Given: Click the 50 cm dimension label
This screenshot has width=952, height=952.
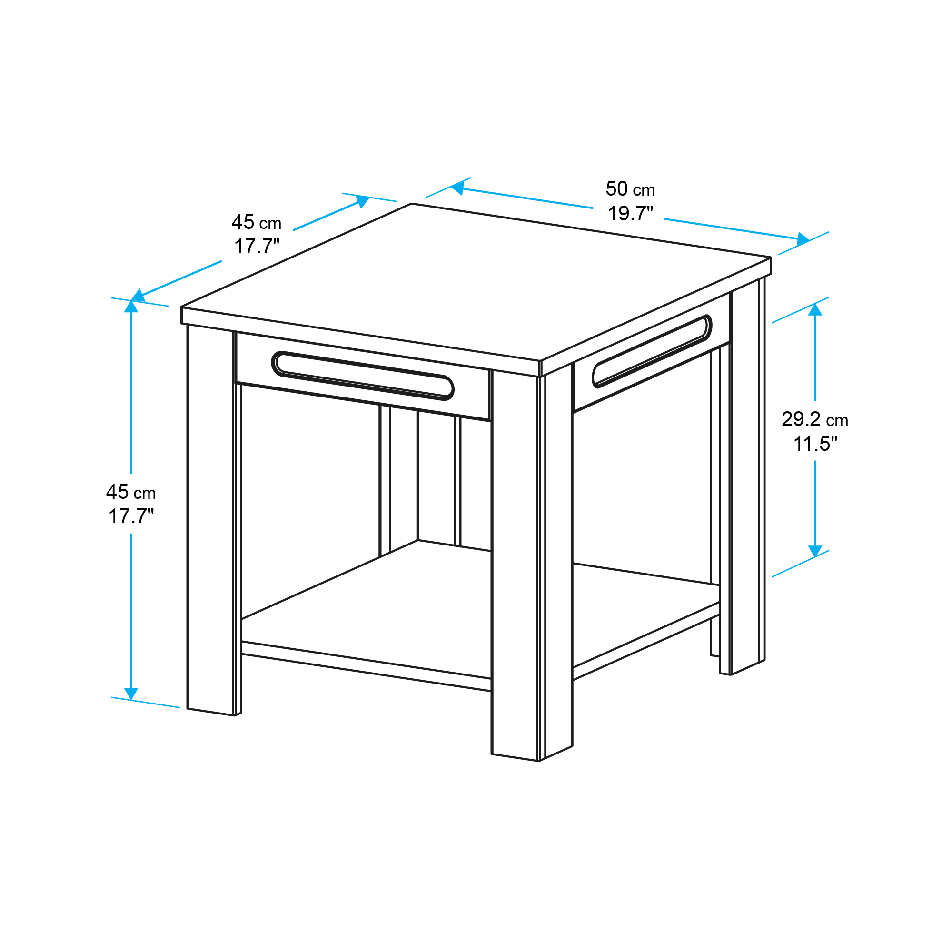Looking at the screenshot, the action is tap(630, 189).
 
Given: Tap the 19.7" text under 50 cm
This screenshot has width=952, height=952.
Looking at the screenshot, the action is tap(630, 213).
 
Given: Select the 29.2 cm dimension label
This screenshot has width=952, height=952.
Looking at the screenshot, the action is tap(814, 419).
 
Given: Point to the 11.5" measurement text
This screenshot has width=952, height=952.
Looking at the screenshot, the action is tap(815, 444).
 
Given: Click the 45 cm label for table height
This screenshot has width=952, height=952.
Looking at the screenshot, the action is tap(130, 492).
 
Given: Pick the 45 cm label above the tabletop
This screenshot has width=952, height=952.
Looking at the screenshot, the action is tap(256, 222).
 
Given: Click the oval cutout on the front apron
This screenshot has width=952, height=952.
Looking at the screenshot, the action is tap(363, 376).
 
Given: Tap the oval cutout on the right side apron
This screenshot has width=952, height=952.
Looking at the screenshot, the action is tap(652, 351).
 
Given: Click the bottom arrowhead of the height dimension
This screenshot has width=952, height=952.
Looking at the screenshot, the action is tap(131, 694).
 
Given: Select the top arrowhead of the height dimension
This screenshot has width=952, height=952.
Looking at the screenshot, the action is tap(131, 306).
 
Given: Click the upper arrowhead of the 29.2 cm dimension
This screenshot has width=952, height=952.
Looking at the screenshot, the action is tap(815, 309).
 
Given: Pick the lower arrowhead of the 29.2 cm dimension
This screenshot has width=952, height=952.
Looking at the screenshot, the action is tap(815, 551).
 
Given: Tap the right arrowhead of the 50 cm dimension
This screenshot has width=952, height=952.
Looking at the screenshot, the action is tap(803, 239).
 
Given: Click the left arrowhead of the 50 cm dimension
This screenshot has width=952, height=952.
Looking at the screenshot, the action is tap(458, 188).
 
